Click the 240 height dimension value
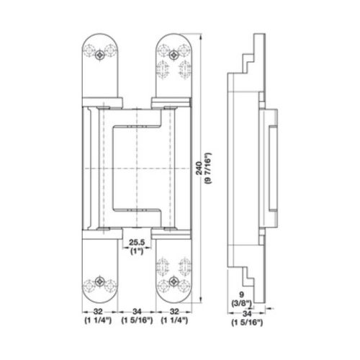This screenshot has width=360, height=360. click(x=199, y=168)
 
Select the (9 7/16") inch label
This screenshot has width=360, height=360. click(x=207, y=168)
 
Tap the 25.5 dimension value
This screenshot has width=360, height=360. click(x=137, y=242)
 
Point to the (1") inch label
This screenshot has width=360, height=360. click(x=137, y=251)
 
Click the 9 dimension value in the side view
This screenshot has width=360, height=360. click(x=242, y=294)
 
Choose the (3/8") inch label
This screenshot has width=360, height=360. click(x=242, y=303)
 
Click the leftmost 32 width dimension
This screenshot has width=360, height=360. click(x=98, y=312)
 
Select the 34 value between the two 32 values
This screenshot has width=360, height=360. click(x=137, y=312)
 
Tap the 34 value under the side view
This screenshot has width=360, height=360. click(x=247, y=313)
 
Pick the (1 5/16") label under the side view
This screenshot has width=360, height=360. click(x=247, y=323)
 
